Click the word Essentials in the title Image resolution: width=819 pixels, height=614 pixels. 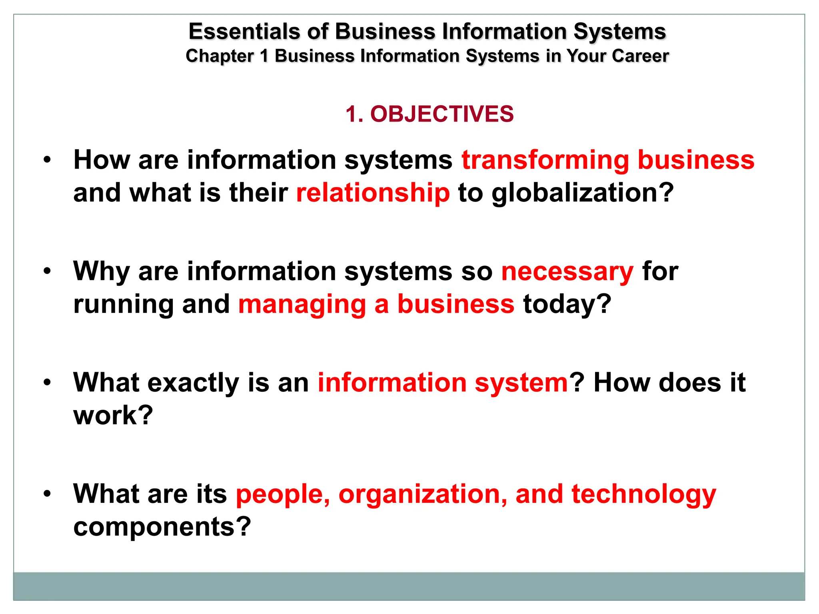coord(244,32)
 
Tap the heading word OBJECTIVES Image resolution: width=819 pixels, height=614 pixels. coord(441,114)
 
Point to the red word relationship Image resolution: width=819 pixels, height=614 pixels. coord(373,193)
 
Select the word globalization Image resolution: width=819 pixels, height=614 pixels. coord(582,193)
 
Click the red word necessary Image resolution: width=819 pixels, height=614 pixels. coord(567,272)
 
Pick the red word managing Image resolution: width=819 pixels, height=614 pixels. coord(302,305)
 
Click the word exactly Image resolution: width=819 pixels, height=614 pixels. coord(193,383)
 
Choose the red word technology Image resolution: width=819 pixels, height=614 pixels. coord(643,494)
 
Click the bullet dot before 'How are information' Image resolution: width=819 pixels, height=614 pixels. coord(48,160)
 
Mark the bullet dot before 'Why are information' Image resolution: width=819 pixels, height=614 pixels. coord(48,271)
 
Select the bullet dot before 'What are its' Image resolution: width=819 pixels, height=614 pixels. coord(48,494)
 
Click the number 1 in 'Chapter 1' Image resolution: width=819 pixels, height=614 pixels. coord(264,56)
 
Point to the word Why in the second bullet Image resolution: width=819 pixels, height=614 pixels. coord(101,272)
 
